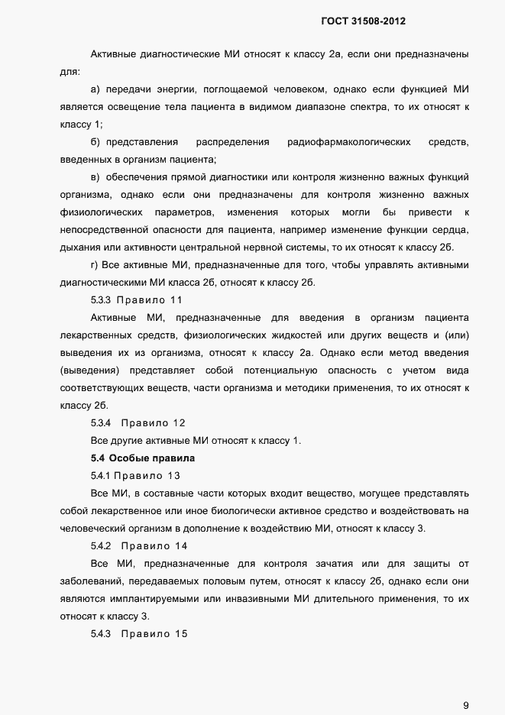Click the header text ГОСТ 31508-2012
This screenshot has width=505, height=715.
[363, 22]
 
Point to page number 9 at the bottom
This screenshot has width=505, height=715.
[466, 684]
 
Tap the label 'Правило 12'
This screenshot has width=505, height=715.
[153, 422]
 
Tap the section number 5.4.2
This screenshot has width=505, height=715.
[101, 546]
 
